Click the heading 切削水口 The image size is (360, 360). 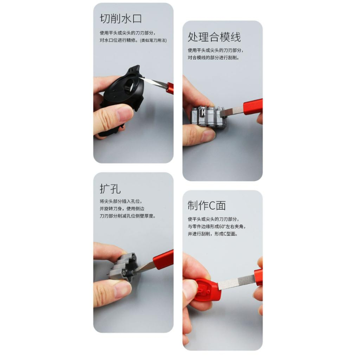click(x=121, y=19)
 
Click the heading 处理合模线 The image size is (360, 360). click(x=214, y=37)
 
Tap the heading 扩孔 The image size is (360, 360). click(x=110, y=189)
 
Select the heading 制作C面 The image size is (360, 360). click(x=206, y=206)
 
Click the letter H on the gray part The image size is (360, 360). click(x=203, y=113)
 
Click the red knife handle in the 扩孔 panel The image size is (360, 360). click(x=163, y=258)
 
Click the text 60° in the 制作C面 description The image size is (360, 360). click(x=222, y=226)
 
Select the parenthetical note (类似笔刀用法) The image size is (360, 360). click(x=153, y=40)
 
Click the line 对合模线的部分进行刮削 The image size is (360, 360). click(x=213, y=58)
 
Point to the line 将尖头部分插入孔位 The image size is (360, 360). click(x=121, y=201)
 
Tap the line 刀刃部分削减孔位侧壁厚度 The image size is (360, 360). click(x=128, y=216)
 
